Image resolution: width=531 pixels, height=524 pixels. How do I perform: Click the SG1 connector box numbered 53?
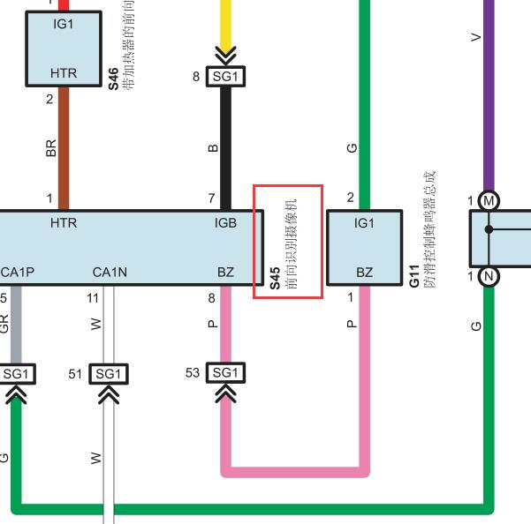pyautogui.click(x=225, y=373)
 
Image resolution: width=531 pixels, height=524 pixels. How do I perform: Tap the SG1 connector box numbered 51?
pyautogui.click(x=109, y=374)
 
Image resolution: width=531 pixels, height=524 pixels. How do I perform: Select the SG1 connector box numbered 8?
pyautogui.click(x=225, y=77)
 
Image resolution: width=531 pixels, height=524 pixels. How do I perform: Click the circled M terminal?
pyautogui.click(x=489, y=201)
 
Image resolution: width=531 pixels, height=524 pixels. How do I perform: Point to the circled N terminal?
pyautogui.click(x=489, y=276)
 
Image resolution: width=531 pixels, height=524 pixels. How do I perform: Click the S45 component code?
pyautogui.click(x=275, y=278)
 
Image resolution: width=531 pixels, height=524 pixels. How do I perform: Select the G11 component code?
pyautogui.click(x=414, y=276)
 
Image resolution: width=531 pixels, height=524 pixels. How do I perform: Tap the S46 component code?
pyautogui.click(x=113, y=79)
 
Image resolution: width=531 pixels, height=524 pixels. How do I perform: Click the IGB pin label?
pyautogui.click(x=225, y=223)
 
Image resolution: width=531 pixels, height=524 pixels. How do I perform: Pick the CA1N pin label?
pyautogui.click(x=110, y=272)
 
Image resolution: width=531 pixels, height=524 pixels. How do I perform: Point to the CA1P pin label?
pyautogui.click(x=18, y=272)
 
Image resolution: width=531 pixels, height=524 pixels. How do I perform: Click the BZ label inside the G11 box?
pyautogui.click(x=364, y=272)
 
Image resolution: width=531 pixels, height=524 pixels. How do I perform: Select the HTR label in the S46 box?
pyautogui.click(x=64, y=73)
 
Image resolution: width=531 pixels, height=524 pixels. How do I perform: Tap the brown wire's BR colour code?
pyautogui.click(x=50, y=148)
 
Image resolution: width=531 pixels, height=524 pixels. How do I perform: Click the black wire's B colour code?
pyautogui.click(x=213, y=148)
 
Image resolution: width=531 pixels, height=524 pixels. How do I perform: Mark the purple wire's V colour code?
pyautogui.click(x=476, y=37)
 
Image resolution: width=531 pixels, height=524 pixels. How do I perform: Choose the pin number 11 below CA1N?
pyautogui.click(x=93, y=298)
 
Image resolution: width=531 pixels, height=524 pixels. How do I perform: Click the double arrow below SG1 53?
pyautogui.click(x=225, y=393)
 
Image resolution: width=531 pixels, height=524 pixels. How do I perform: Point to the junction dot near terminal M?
pyautogui.click(x=489, y=229)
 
